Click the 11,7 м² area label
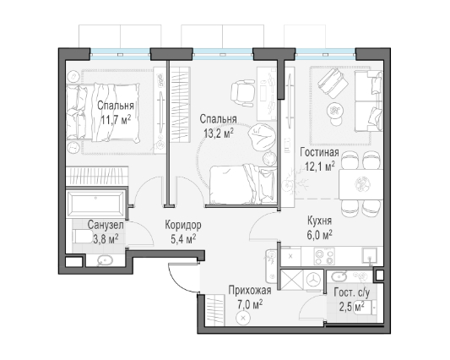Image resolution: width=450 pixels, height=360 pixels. pyautogui.click(x=116, y=119)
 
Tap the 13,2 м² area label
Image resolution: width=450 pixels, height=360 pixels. pyautogui.click(x=219, y=133)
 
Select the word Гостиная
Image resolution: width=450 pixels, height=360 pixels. pyautogui.click(x=319, y=152)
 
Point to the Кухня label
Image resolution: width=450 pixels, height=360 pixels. pyautogui.click(x=319, y=221)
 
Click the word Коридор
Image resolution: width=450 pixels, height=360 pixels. pyautogui.click(x=183, y=225)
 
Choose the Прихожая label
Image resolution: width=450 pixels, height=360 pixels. pyautogui.click(x=250, y=290)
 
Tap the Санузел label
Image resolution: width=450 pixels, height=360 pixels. pyautogui.click(x=106, y=225)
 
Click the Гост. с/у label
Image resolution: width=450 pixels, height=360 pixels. pyautogui.click(x=352, y=292)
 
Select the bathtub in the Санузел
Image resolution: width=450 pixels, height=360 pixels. pyautogui.click(x=96, y=204)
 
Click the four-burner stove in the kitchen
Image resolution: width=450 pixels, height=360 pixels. pyautogui.click(x=324, y=256)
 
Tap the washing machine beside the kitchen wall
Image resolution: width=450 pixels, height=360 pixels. pyautogui.click(x=313, y=279)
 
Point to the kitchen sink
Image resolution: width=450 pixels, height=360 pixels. pyautogui.click(x=370, y=256)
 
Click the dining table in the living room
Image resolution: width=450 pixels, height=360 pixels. pyautogui.click(x=361, y=184)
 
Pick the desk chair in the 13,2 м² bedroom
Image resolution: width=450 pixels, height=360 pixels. pyautogui.click(x=243, y=91)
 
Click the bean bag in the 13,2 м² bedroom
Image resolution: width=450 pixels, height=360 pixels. pyautogui.click(x=261, y=136)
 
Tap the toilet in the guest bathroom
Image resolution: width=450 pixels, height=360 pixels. pyautogui.click(x=366, y=308)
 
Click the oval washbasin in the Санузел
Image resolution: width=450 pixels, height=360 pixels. pyautogui.click(x=106, y=260)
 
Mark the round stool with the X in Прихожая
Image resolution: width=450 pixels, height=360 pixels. pyautogui.click(x=243, y=318)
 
